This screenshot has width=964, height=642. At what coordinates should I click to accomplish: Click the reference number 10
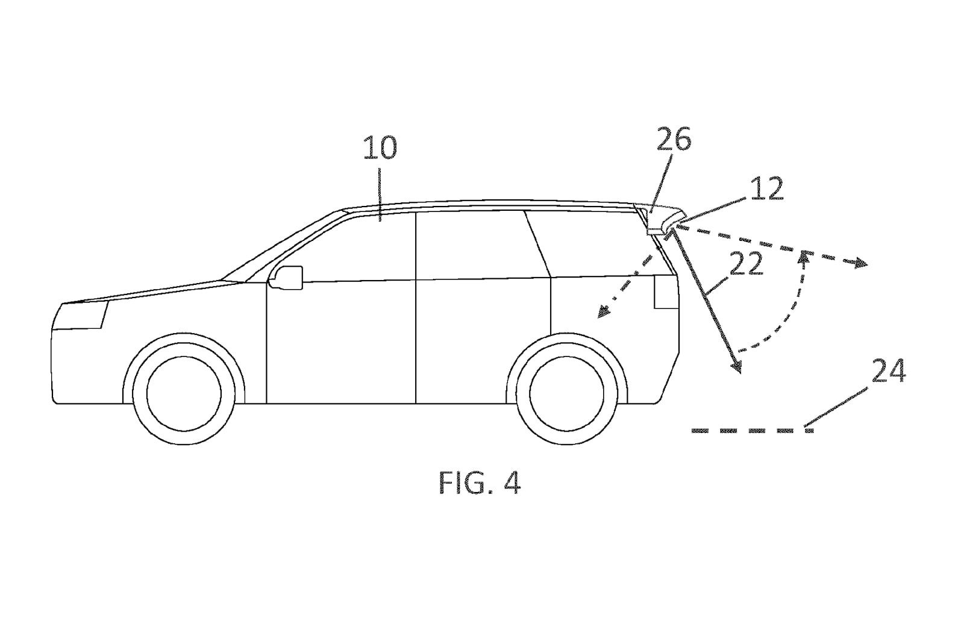(380, 148)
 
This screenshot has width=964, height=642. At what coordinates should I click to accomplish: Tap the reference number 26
(674, 139)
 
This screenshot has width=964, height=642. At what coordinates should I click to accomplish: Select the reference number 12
(766, 189)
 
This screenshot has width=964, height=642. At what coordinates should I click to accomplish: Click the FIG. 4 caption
(480, 482)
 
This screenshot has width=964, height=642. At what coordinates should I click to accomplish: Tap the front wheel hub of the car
(184, 393)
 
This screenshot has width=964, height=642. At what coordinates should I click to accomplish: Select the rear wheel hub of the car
(567, 393)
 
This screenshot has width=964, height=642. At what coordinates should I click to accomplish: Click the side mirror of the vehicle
(286, 278)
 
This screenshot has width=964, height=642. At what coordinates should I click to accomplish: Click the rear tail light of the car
(666, 292)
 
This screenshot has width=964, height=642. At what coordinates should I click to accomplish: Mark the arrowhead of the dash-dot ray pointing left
(603, 311)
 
